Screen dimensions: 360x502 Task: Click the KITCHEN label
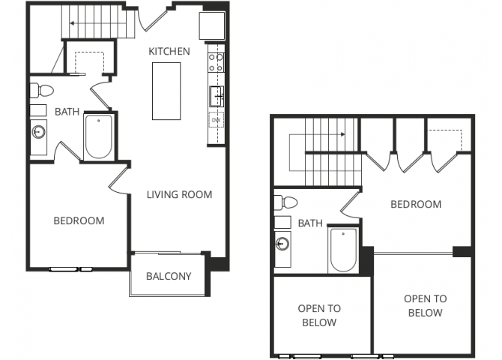click(169, 51)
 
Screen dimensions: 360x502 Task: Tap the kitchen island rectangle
click(166, 91)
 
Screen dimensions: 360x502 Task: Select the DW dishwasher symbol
click(216, 120)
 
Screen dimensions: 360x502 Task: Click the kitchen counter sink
click(216, 96)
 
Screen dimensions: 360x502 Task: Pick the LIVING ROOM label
click(179, 194)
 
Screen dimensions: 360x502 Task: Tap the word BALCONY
click(168, 275)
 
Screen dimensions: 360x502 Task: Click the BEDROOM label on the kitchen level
click(79, 220)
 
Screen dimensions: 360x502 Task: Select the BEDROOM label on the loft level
click(415, 204)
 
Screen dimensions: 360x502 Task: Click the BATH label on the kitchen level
click(67, 112)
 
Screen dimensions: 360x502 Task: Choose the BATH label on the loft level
click(310, 223)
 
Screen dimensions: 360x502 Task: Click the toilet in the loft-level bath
click(285, 202)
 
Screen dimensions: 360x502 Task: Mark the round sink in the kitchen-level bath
click(39, 132)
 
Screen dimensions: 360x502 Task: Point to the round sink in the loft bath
click(282, 243)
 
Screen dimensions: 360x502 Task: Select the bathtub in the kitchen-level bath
click(98, 136)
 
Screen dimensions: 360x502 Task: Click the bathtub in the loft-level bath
click(342, 250)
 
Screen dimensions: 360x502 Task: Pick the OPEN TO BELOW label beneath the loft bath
click(319, 315)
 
